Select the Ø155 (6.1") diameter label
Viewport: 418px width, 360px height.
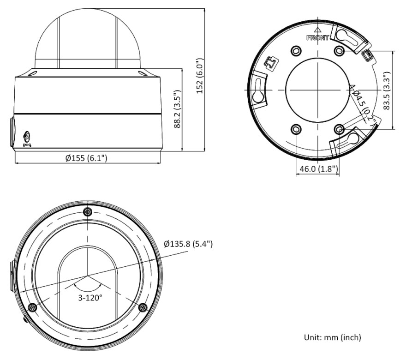(86, 158)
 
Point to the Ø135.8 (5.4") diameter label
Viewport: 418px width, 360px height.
(189, 244)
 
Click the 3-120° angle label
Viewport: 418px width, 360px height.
(90, 297)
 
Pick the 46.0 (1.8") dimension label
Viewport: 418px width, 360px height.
(319, 169)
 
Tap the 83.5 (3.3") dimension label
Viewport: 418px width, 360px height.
(387, 90)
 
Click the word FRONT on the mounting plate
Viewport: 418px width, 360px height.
(317, 38)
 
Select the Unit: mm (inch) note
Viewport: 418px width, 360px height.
(333, 337)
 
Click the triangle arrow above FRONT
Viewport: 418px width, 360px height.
(317, 30)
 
